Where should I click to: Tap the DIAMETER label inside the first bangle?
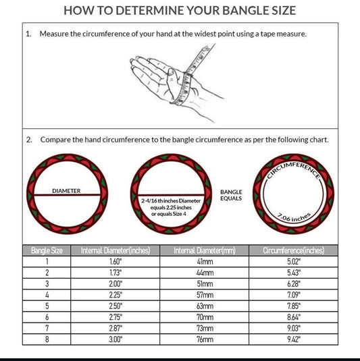pyautogui.click(x=66, y=191)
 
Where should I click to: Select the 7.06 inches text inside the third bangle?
pyautogui.click(x=294, y=217)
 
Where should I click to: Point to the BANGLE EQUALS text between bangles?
pyautogui.click(x=231, y=195)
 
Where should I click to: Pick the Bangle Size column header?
pyautogui.click(x=47, y=250)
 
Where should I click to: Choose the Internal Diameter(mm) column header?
pyautogui.click(x=205, y=250)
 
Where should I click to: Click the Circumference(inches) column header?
pyautogui.click(x=294, y=250)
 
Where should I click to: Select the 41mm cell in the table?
pyautogui.click(x=205, y=262)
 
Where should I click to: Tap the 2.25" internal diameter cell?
pyautogui.click(x=115, y=295)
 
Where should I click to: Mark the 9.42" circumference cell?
pyautogui.click(x=294, y=339)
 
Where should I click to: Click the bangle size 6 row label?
pyautogui.click(x=47, y=317)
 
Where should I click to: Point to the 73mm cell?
pyautogui.click(x=205, y=329)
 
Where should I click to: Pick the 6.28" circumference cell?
pyautogui.click(x=294, y=283)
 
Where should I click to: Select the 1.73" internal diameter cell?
pyautogui.click(x=115, y=273)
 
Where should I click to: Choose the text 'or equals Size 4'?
pyautogui.click(x=169, y=214)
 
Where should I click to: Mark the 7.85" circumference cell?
pyautogui.click(x=294, y=306)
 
